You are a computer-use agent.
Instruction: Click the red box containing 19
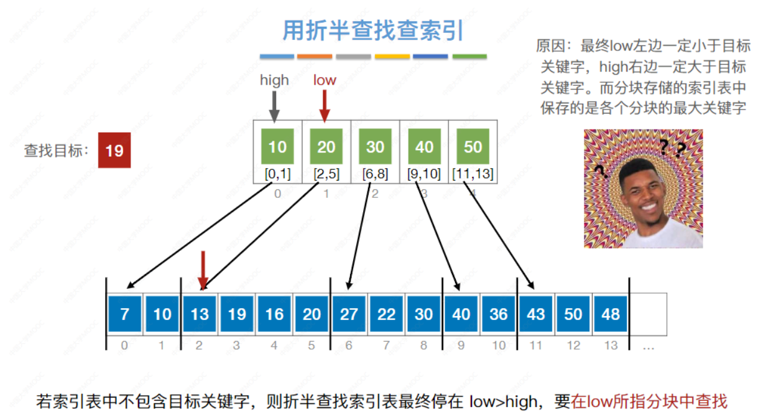pyautogui.click(x=114, y=150)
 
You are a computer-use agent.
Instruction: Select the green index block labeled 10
pyautogui.click(x=277, y=147)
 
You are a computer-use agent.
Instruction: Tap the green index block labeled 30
pyautogui.click(x=375, y=147)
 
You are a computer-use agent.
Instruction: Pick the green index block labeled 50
pyautogui.click(x=473, y=147)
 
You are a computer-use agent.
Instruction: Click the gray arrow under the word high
pyautogui.click(x=274, y=106)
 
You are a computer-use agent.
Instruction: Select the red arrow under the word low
pyautogui.click(x=324, y=105)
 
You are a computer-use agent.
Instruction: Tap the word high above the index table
pyautogui.click(x=274, y=80)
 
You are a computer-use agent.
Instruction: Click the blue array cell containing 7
pyautogui.click(x=125, y=314)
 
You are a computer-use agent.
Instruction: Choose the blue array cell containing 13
pyautogui.click(x=200, y=314)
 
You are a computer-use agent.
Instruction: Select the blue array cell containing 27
pyautogui.click(x=349, y=314)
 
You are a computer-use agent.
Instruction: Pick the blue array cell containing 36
pyautogui.click(x=499, y=314)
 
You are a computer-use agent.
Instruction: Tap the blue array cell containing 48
pyautogui.click(x=611, y=314)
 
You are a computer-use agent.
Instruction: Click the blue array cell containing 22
pyautogui.click(x=386, y=314)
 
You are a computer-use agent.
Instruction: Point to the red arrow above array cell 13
pyautogui.click(x=201, y=270)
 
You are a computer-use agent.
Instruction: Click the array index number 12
pyautogui.click(x=573, y=345)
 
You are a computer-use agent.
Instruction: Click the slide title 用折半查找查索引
pyautogui.click(x=373, y=30)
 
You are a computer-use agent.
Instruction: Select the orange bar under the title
pyautogui.click(x=315, y=57)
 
